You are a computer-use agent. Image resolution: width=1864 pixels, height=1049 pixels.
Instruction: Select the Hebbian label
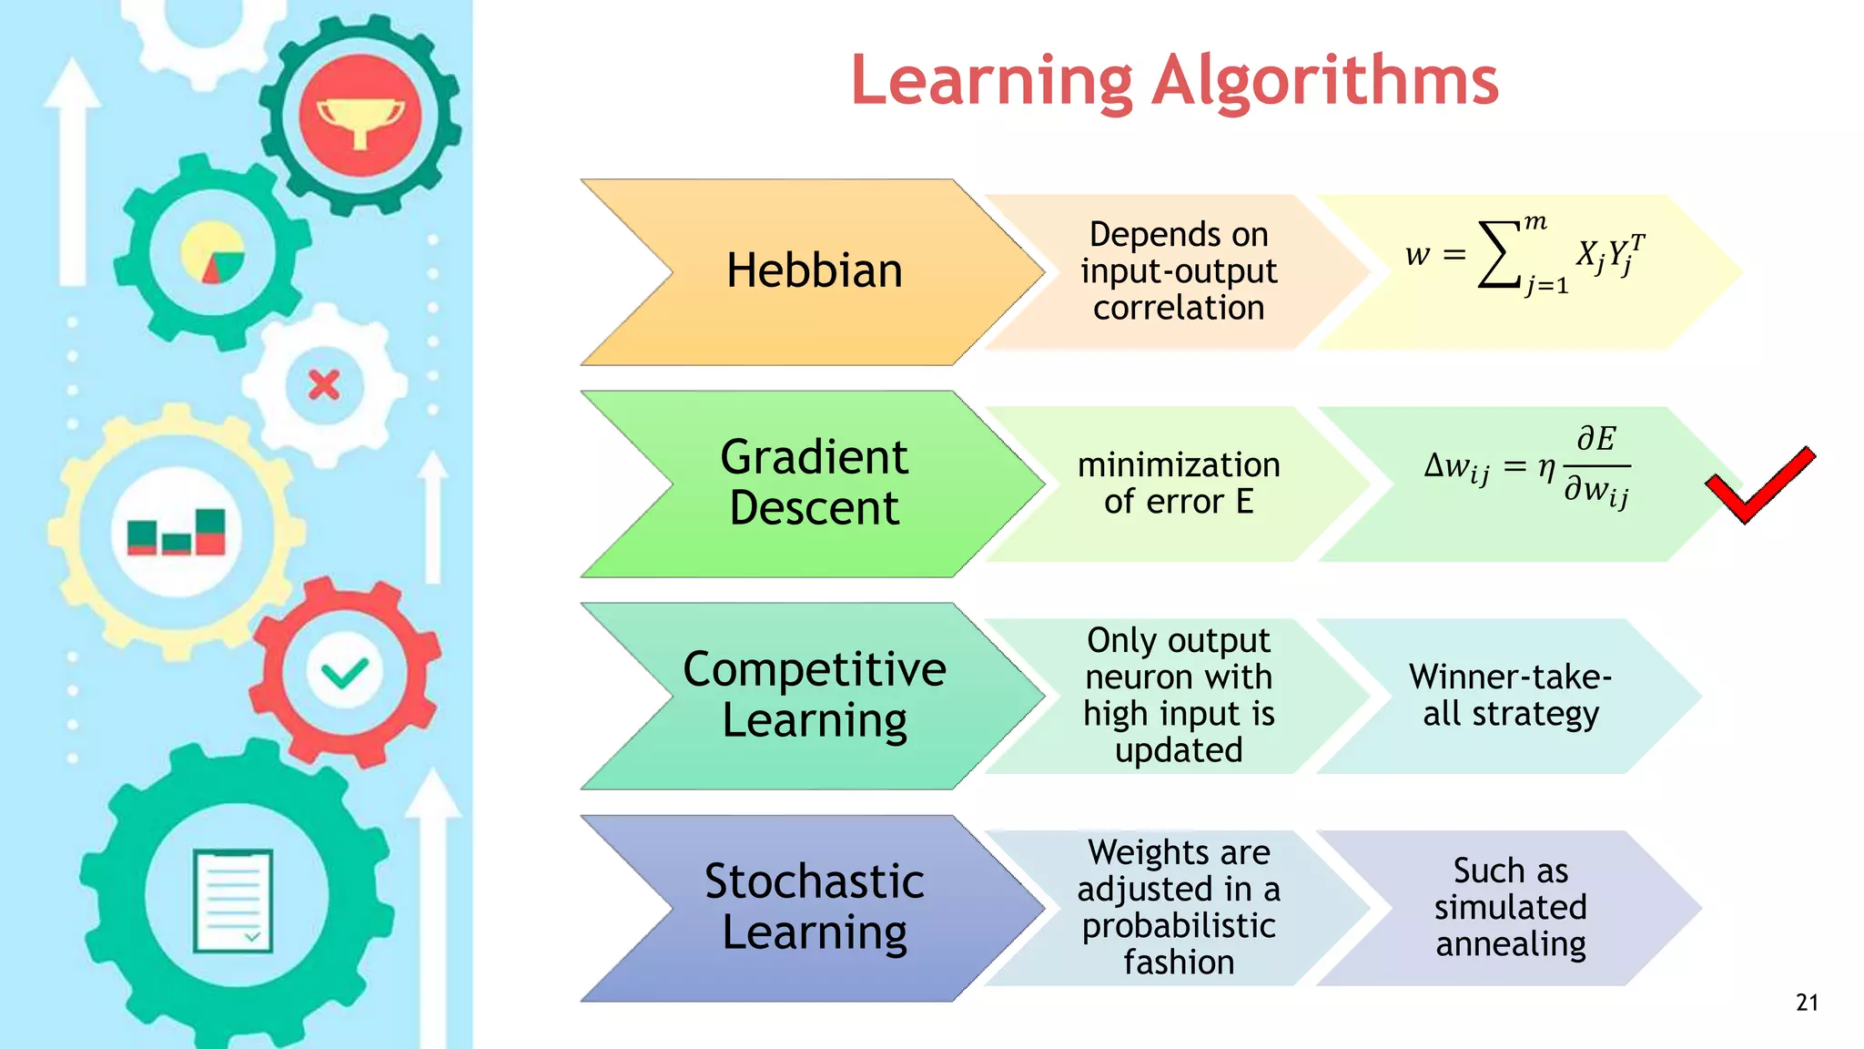click(x=814, y=271)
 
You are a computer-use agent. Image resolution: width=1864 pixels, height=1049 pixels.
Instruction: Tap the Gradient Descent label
click(x=814, y=482)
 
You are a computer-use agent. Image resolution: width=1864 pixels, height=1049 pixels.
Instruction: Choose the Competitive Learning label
click(x=814, y=694)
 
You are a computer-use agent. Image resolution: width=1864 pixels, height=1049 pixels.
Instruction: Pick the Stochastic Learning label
click(x=814, y=907)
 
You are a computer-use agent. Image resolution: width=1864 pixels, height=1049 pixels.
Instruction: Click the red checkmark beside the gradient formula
click(x=1758, y=485)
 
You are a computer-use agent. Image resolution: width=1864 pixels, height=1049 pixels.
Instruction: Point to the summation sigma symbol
click(x=1499, y=255)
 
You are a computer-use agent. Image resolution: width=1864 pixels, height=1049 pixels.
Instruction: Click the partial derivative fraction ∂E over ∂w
click(x=1596, y=465)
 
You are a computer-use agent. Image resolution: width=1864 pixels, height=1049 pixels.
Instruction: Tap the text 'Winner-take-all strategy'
click(x=1510, y=695)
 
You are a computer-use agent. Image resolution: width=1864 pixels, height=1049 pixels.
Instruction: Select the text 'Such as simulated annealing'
click(x=1510, y=907)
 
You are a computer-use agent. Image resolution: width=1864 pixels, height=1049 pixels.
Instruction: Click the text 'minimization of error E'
click(x=1178, y=483)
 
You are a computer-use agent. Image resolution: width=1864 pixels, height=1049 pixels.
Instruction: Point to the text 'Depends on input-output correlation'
click(x=1178, y=271)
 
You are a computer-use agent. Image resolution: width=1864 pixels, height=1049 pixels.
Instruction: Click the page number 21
click(x=1807, y=1003)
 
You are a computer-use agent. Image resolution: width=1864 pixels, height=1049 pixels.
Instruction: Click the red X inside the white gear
click(x=324, y=385)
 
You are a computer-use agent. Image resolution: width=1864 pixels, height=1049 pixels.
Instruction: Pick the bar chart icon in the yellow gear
click(x=177, y=532)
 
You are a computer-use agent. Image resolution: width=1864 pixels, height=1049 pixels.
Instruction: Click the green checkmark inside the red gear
click(x=344, y=674)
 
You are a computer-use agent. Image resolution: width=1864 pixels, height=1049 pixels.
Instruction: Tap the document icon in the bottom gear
click(x=233, y=901)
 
